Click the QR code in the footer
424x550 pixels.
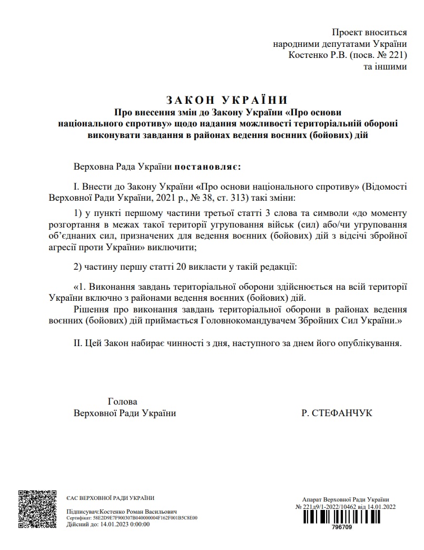point(38,509)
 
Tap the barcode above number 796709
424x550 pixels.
point(342,517)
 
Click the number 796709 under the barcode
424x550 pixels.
point(342,527)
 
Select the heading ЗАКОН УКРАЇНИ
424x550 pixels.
point(227,100)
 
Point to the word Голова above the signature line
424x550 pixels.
point(122,401)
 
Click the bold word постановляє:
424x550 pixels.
point(208,167)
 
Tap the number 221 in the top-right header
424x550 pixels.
point(396,55)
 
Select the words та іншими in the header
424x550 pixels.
point(385,67)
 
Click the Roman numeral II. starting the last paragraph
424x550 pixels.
point(80,343)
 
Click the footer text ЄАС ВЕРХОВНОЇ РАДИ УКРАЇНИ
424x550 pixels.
point(111,498)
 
